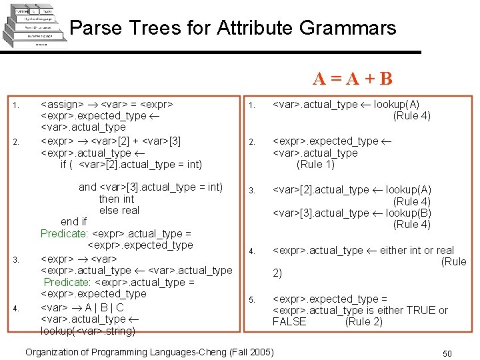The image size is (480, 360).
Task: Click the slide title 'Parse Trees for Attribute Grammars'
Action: pyautogui.click(x=233, y=28)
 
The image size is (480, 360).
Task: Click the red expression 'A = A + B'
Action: pyautogui.click(x=353, y=79)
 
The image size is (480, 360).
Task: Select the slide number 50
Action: pyautogui.click(x=447, y=353)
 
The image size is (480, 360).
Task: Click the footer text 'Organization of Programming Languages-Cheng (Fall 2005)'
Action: pyautogui.click(x=149, y=352)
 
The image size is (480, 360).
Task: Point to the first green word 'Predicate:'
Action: pyautogui.click(x=63, y=234)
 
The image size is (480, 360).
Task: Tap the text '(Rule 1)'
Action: pyautogui.click(x=316, y=165)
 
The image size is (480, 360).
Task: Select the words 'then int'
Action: pyautogui.click(x=116, y=199)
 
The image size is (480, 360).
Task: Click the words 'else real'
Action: pyautogui.click(x=119, y=211)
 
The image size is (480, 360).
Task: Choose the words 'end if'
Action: pyautogui.click(x=73, y=222)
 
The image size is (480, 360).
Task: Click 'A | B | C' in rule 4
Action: pyautogui.click(x=104, y=307)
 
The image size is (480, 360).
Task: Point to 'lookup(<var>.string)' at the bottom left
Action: pyautogui.click(x=88, y=331)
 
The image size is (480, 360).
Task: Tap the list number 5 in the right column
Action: pyautogui.click(x=252, y=300)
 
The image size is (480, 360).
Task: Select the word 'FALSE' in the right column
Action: pyautogui.click(x=289, y=322)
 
